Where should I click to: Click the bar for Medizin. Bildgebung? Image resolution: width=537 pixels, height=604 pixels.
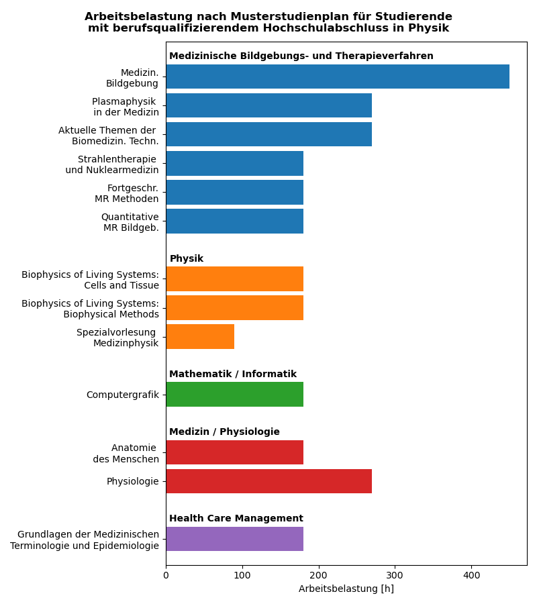tap(338, 77)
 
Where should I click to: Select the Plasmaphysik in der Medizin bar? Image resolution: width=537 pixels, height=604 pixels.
tap(268, 105)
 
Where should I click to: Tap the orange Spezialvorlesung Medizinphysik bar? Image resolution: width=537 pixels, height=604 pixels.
tap(200, 336)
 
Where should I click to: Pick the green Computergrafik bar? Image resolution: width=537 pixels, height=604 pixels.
tap(234, 394)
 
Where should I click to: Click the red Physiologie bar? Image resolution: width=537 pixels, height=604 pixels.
tap(268, 481)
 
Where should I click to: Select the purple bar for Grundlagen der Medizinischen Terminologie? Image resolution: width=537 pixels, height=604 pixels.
tap(234, 539)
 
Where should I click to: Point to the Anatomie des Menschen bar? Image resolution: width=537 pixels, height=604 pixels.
tap(234, 452)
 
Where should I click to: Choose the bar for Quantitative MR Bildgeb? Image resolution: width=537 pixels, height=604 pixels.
tap(234, 221)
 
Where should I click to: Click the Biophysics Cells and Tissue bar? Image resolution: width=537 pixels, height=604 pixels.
tap(234, 279)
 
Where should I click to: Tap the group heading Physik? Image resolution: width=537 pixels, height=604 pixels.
tap(186, 259)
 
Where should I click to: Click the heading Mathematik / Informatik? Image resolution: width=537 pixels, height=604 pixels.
tap(232, 374)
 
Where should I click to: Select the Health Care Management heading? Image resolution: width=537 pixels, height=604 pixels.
tap(236, 519)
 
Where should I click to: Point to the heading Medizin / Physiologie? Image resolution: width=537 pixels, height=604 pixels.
tap(224, 432)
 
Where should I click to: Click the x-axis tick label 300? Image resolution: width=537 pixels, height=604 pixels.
tap(395, 575)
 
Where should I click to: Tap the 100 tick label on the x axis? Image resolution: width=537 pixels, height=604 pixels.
tap(242, 575)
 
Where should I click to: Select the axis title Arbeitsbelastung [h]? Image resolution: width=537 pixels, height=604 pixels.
tap(346, 589)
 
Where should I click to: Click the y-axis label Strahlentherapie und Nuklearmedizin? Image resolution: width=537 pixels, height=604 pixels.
tap(112, 164)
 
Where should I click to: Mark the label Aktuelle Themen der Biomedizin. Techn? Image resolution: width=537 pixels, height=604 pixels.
tap(109, 136)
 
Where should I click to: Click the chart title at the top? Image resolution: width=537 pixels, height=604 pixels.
tap(268, 22)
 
